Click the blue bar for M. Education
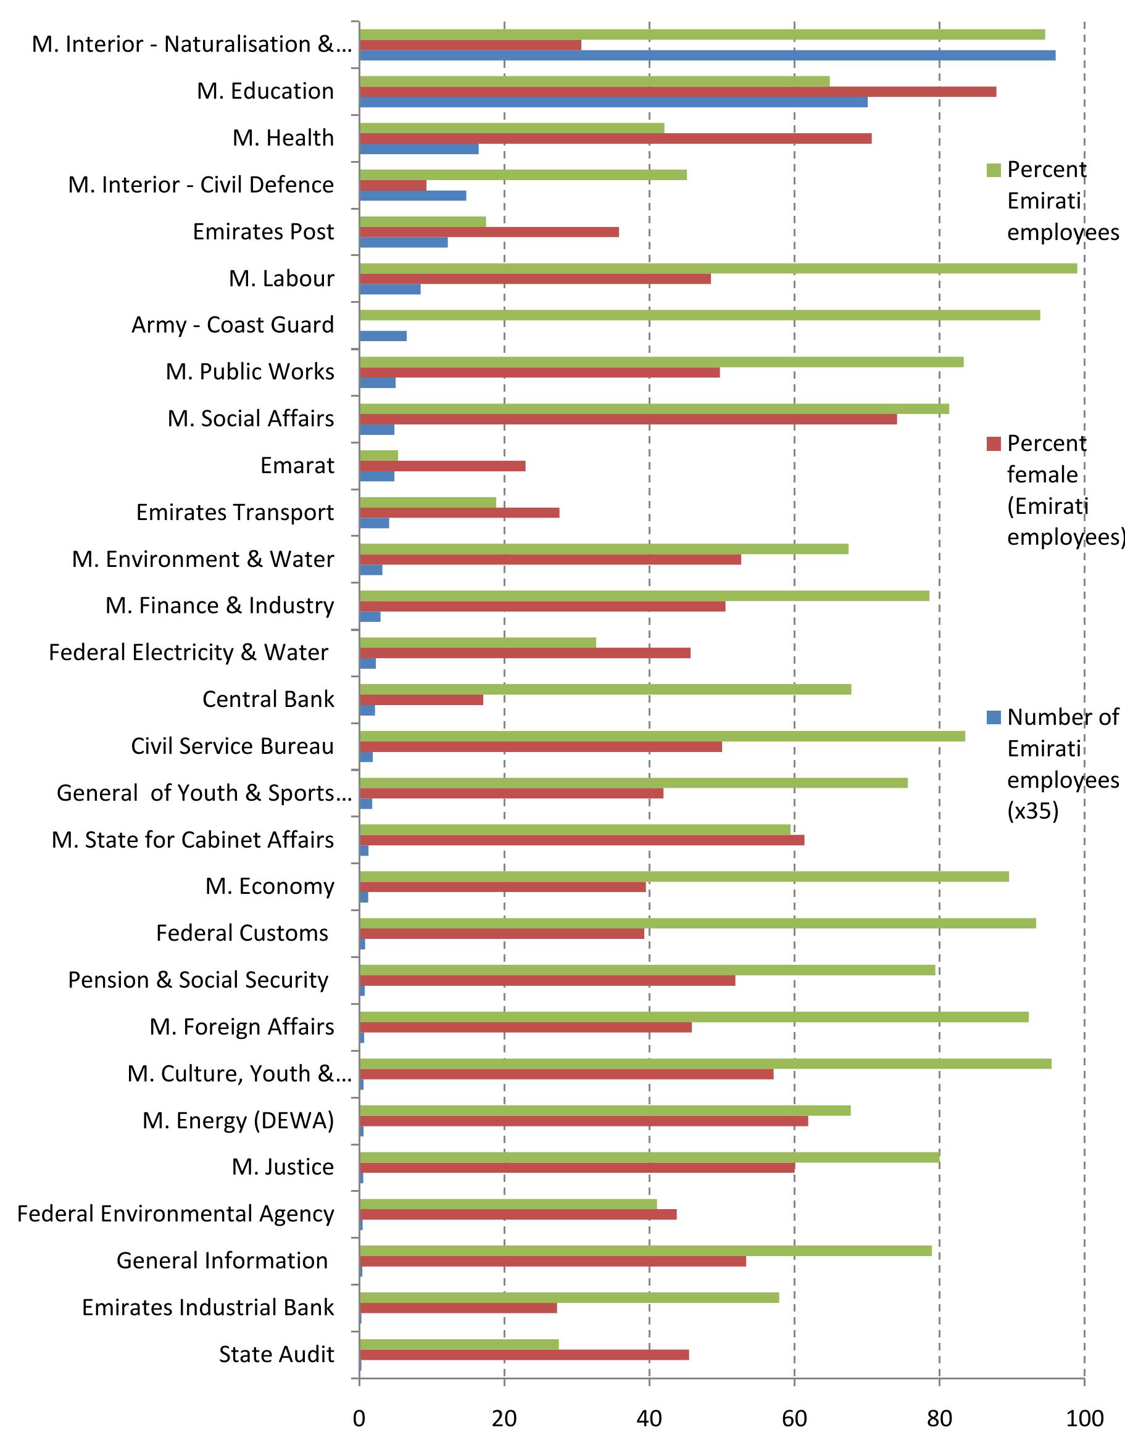[613, 102]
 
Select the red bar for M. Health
[615, 138]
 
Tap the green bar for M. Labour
[718, 268]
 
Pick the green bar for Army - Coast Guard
[699, 315]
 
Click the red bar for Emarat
[442, 466]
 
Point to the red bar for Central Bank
[421, 700]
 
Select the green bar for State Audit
[459, 1345]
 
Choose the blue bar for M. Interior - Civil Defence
[412, 196]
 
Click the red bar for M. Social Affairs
[628, 419]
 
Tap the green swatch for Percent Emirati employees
[993, 170]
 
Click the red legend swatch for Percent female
[993, 444]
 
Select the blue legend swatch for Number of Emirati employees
[993, 717]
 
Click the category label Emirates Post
[263, 232]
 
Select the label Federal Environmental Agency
[175, 1213]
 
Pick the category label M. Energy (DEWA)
[238, 1120]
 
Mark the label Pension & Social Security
[198, 980]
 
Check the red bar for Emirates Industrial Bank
[459, 1308]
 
